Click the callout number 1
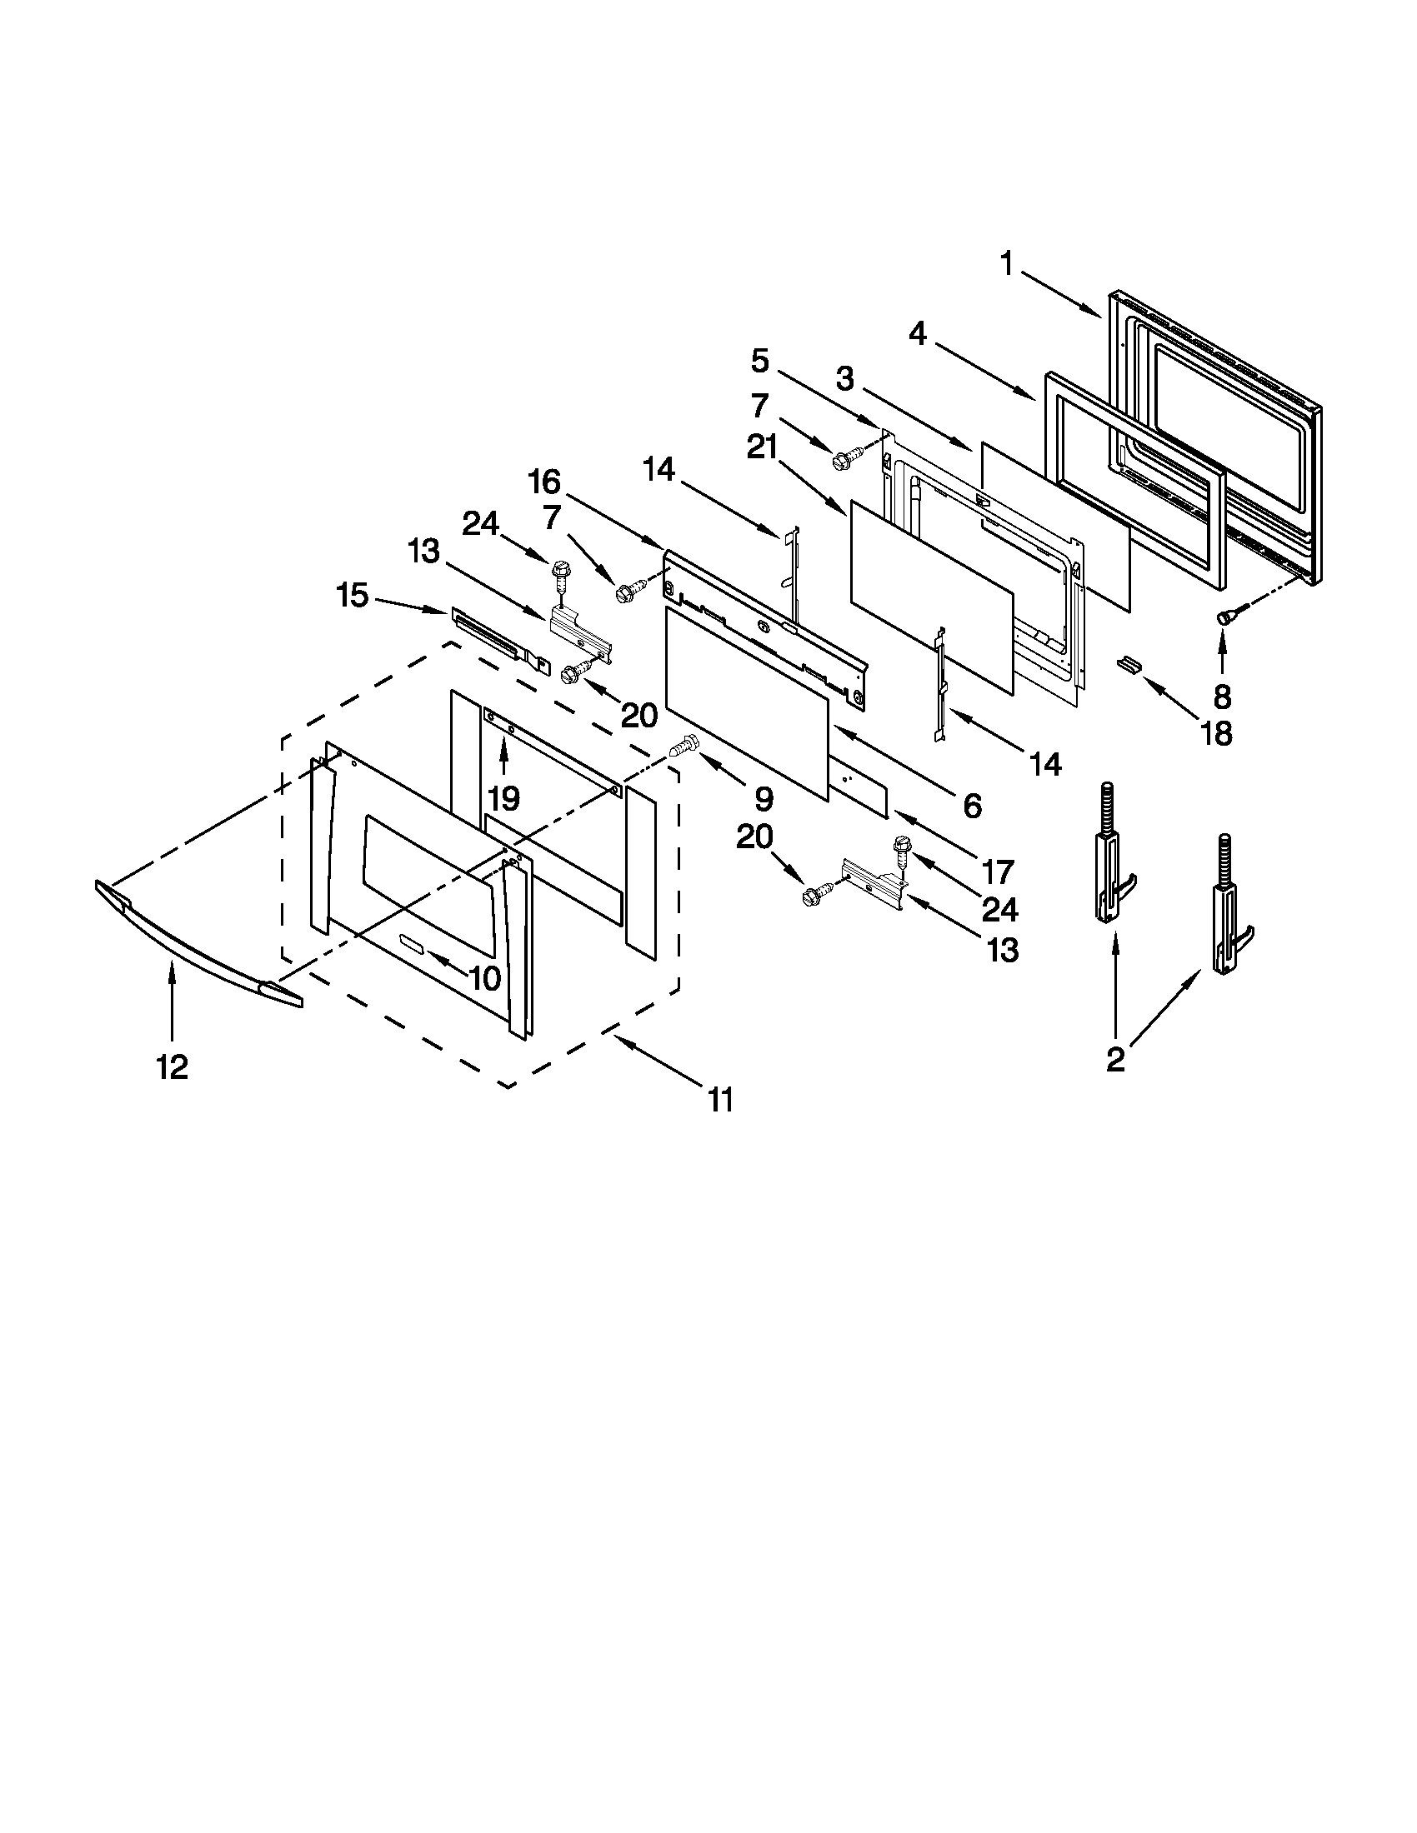[x=1006, y=265]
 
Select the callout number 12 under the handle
[x=172, y=1067]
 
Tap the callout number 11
[x=720, y=1100]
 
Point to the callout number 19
[x=504, y=797]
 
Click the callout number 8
[x=1221, y=696]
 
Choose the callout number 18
[x=1216, y=732]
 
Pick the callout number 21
[x=761, y=448]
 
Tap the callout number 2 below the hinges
[x=1114, y=1060]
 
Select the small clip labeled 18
[x=1130, y=664]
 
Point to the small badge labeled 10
[x=413, y=945]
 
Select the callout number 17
[x=997, y=872]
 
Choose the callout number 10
[x=486, y=977]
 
